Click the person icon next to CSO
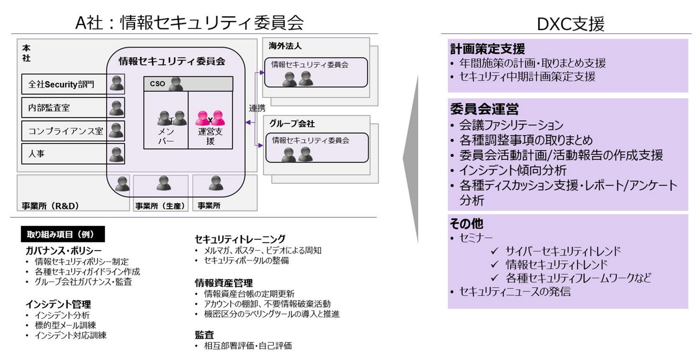(x=176, y=84)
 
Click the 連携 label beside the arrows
(x=257, y=108)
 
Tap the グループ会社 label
(x=291, y=124)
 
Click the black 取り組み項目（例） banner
(x=62, y=234)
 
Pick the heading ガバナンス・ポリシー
(x=60, y=250)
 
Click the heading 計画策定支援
(x=487, y=49)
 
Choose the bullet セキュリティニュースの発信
(x=515, y=292)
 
